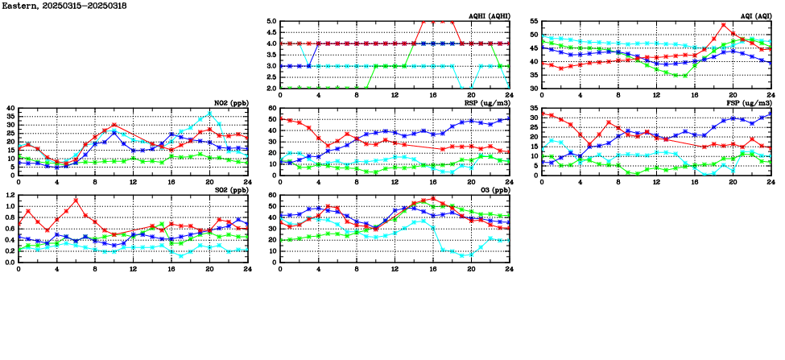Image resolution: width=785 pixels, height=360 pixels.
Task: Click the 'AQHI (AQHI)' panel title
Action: point(489,16)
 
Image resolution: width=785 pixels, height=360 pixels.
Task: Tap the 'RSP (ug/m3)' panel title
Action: point(489,103)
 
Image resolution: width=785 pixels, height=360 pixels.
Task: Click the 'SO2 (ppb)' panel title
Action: point(230,190)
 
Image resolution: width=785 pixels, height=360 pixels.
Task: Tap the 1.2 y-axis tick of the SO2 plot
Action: point(10,196)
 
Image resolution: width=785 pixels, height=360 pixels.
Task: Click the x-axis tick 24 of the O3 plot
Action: point(509,269)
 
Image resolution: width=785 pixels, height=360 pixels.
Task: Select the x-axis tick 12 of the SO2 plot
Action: point(134,269)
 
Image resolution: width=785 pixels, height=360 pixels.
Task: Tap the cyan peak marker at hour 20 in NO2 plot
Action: point(209,114)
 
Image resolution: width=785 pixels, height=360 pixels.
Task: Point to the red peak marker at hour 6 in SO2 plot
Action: point(76,200)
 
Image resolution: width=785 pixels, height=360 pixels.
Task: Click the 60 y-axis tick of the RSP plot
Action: point(272,109)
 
